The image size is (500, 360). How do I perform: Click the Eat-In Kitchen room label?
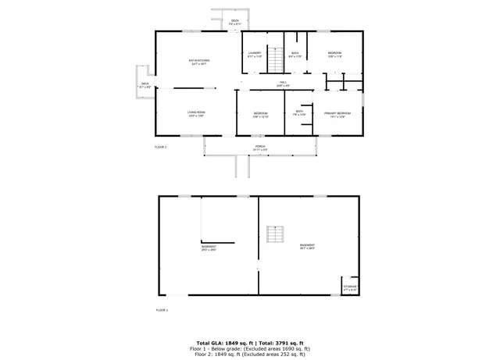point(198,62)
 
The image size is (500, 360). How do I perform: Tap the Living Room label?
point(195,114)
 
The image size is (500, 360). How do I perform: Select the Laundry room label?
point(255,55)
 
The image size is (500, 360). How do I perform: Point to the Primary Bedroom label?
point(337,114)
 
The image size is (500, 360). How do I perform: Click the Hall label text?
point(282,84)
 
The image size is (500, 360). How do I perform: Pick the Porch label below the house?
point(260,148)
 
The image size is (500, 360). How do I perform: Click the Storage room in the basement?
point(350,287)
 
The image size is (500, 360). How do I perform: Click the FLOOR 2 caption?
point(161,147)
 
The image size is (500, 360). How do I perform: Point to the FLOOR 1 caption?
point(161,310)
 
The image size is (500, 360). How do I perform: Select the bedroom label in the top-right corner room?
point(334,55)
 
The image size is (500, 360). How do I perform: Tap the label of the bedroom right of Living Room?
point(261,115)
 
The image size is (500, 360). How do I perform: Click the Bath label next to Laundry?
point(295,55)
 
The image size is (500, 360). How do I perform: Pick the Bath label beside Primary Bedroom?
point(298,113)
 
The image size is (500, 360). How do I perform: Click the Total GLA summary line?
point(249,343)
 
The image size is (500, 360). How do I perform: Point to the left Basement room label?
point(209,249)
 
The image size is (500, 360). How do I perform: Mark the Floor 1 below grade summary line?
point(249,348)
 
